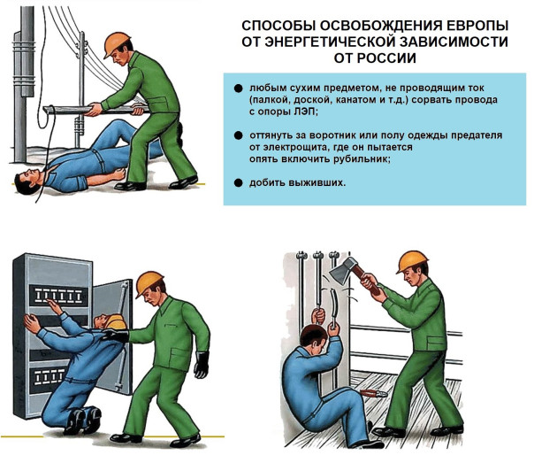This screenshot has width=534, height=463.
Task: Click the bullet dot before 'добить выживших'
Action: (239, 182)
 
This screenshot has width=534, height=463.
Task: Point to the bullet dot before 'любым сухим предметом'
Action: (239, 89)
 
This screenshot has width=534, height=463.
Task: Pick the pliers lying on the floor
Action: (374, 393)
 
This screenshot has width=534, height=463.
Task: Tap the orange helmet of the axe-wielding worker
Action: (412, 262)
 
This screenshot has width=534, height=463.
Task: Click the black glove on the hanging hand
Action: (202, 364)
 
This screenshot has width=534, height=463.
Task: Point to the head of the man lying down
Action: (27, 182)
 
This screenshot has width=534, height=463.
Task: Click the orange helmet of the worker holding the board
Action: (117, 44)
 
